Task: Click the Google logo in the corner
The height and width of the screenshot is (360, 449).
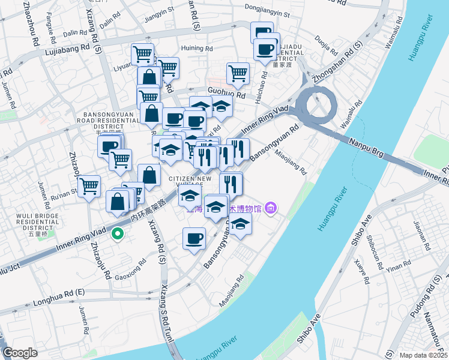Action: point(19,353)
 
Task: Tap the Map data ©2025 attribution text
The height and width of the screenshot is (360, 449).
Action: point(424,355)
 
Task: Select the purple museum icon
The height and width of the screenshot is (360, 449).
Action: point(271,208)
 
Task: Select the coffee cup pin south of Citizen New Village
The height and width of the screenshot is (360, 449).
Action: point(194,238)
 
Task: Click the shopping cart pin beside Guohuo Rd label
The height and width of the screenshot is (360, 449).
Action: point(238,74)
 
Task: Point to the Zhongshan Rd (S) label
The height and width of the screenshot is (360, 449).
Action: point(342,59)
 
